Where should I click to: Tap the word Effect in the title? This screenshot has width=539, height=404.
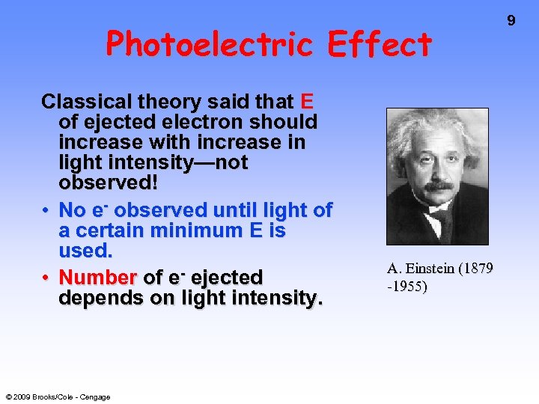[380, 45]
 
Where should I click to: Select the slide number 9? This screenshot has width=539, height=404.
[511, 21]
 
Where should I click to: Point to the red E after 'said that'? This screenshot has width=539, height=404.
[306, 102]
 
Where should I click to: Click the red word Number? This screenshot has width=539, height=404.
[97, 278]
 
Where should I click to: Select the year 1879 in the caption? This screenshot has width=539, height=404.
[478, 269]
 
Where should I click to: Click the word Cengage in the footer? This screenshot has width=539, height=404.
[96, 397]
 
